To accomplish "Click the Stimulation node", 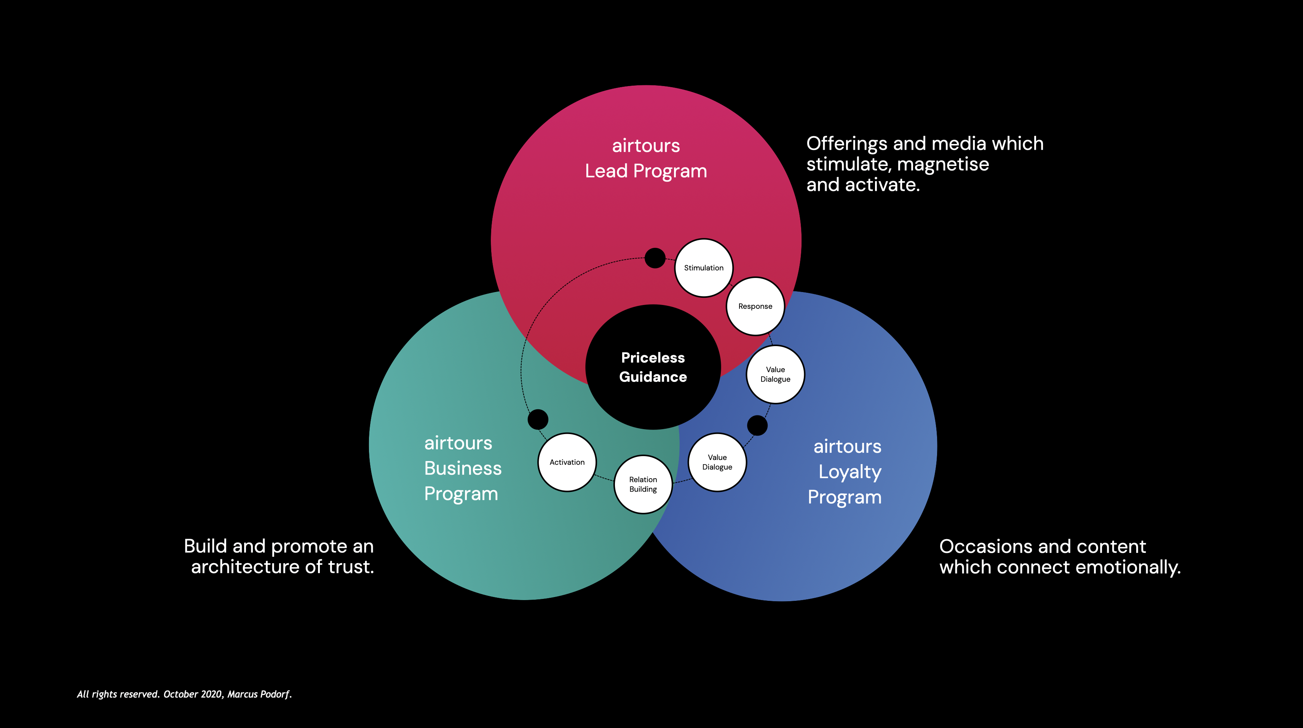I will pyautogui.click(x=704, y=268).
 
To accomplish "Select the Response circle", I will pyautogui.click(x=755, y=306).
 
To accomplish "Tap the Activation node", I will pyautogui.click(x=567, y=462).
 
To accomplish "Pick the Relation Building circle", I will pyautogui.click(x=643, y=484).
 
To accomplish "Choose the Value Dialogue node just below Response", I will pyautogui.click(x=775, y=374).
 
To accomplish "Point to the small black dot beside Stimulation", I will pyautogui.click(x=655, y=258).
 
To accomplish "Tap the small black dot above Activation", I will pyautogui.click(x=538, y=419).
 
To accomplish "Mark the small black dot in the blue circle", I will pyautogui.click(x=757, y=425).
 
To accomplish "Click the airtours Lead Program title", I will pyautogui.click(x=646, y=158).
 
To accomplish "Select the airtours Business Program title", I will pyautogui.click(x=462, y=468).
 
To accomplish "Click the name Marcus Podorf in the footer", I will pyautogui.click(x=259, y=694).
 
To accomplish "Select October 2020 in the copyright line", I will pyautogui.click(x=193, y=694).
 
